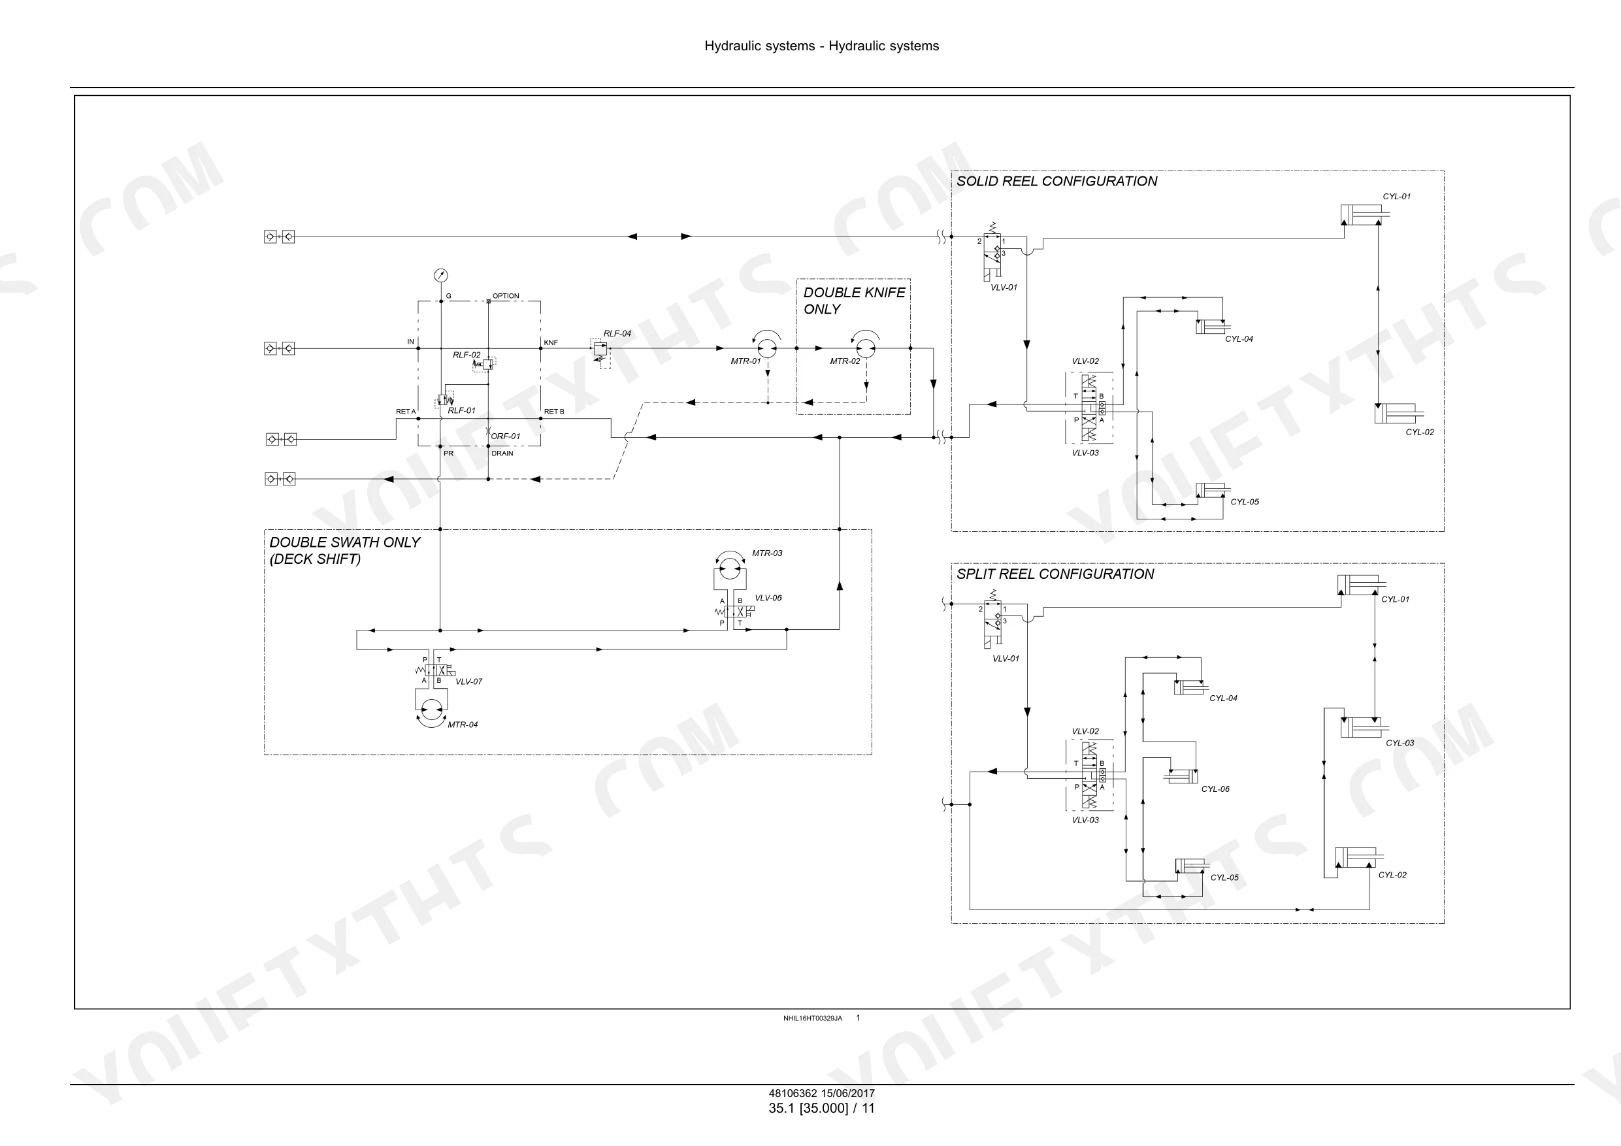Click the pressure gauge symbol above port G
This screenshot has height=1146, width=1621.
(x=440, y=275)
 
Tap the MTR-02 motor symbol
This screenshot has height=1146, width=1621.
(x=866, y=348)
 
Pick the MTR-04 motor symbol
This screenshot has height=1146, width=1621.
(x=431, y=709)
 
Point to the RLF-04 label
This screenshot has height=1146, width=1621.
(x=617, y=333)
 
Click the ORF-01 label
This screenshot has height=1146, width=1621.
(x=506, y=436)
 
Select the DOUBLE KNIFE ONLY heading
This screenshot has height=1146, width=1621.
(x=854, y=301)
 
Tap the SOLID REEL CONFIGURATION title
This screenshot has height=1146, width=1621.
(x=1057, y=182)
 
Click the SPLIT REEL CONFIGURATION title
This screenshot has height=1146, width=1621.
(x=1055, y=574)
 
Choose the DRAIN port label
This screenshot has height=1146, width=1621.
(x=502, y=453)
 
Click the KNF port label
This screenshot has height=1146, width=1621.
(x=551, y=342)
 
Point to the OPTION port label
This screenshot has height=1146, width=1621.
(x=506, y=296)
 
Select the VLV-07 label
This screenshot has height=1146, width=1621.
(x=469, y=682)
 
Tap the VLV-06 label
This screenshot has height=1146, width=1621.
(x=768, y=598)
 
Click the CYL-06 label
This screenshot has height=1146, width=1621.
(x=1215, y=789)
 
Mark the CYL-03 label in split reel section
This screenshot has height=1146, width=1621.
(x=1400, y=743)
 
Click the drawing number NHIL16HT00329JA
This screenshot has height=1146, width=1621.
(x=813, y=1018)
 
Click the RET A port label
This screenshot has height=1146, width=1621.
(x=405, y=412)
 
